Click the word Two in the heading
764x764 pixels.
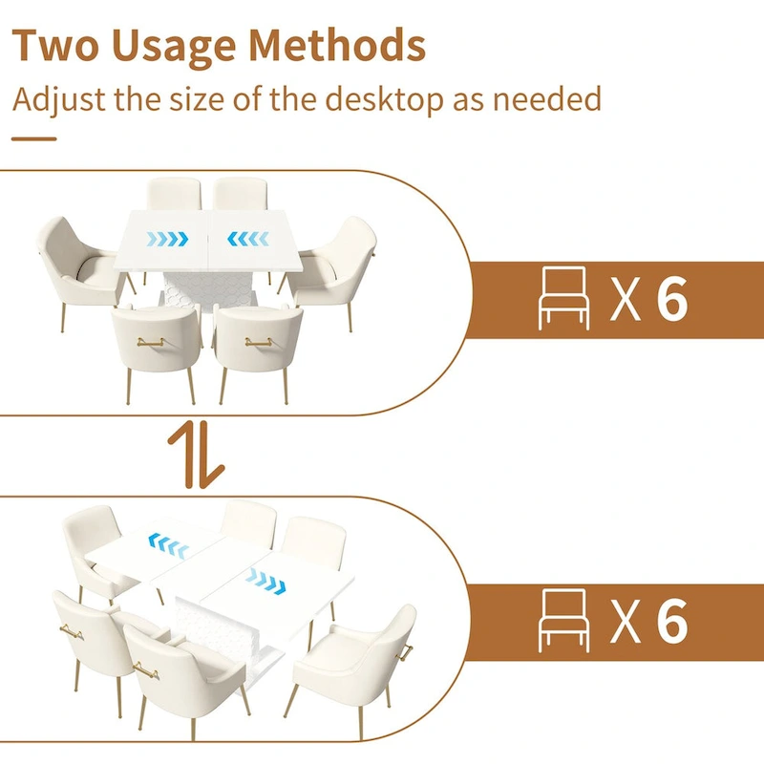point(55,45)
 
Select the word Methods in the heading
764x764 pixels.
point(337,44)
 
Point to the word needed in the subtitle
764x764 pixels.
point(546,98)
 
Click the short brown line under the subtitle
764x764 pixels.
point(34,138)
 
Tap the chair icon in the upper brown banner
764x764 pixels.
point(563,298)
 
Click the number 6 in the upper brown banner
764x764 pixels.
point(671,298)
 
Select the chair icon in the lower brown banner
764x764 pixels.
point(563,620)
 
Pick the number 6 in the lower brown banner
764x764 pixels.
point(671,620)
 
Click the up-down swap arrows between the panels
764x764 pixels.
point(196,455)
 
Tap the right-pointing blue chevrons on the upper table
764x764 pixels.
point(167,239)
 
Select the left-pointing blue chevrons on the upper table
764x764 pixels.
point(248,239)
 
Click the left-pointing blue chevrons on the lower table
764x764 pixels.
point(169,545)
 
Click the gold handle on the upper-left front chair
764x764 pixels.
point(151,342)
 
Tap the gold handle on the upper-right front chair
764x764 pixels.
point(259,342)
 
